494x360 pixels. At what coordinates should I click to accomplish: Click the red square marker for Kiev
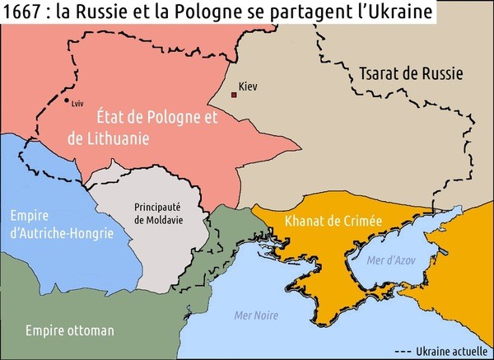coord(234,96)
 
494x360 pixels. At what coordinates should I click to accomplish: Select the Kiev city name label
coord(248,86)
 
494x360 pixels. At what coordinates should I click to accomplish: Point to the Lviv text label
coord(79,105)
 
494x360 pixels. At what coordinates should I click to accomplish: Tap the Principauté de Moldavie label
coord(157,213)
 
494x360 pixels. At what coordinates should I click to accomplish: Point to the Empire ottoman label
coord(69,330)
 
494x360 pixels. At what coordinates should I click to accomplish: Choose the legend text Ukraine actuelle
coord(452,349)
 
